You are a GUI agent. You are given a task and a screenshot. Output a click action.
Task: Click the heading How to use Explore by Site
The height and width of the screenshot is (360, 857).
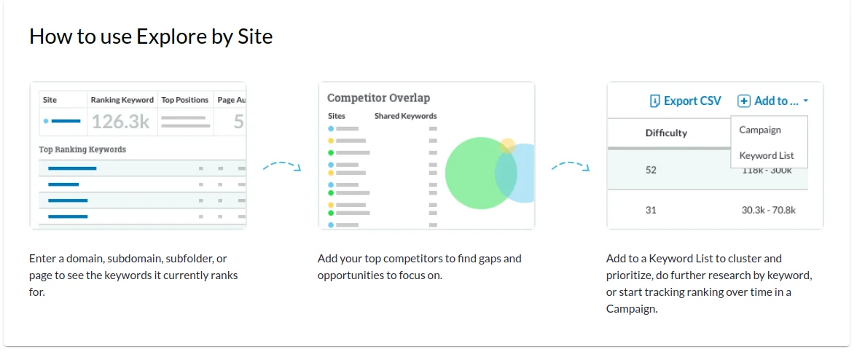point(151,36)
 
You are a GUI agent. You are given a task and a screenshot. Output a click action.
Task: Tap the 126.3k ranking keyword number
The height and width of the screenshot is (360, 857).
point(120,121)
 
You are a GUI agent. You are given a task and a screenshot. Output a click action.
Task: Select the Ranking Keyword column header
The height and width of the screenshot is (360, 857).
point(122,100)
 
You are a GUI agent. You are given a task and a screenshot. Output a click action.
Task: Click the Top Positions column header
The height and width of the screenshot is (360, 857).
point(185,100)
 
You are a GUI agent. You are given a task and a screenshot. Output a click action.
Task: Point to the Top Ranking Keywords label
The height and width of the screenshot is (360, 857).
point(82,149)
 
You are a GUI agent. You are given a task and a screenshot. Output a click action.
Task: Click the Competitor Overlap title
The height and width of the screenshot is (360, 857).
point(378,98)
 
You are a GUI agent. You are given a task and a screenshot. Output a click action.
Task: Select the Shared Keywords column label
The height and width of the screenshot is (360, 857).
point(405,116)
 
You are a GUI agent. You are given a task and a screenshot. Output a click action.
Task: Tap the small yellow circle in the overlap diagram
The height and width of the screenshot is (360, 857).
point(508,146)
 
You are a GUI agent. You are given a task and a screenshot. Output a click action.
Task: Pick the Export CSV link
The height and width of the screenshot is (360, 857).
point(685,101)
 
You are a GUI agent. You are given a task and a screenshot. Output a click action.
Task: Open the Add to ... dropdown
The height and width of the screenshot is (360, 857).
point(772,101)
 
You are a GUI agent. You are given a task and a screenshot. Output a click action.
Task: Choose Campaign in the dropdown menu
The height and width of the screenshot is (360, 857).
point(759,130)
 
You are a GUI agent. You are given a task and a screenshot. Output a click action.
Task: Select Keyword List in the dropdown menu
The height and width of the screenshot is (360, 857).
point(767,156)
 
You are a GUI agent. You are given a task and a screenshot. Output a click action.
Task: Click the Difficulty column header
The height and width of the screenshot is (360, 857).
point(666,133)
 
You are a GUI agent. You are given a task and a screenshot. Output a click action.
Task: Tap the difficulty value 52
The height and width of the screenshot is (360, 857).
point(651,170)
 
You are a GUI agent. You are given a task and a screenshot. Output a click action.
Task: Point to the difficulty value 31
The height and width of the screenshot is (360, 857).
point(650,210)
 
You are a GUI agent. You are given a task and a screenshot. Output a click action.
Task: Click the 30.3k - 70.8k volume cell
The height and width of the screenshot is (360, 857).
point(768,210)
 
